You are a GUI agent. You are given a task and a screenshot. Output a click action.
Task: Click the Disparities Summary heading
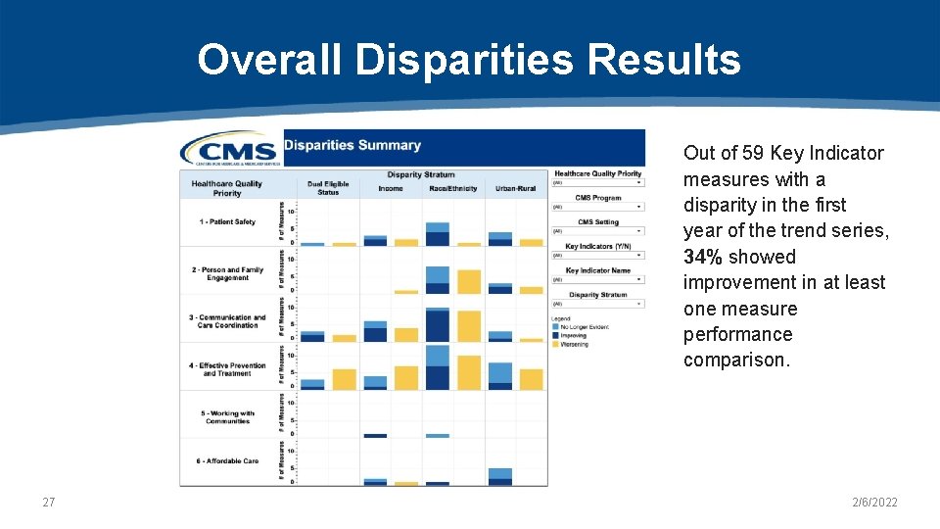click(352, 146)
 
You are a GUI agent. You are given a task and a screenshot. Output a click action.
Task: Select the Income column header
click(391, 188)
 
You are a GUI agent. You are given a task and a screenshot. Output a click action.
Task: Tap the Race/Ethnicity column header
click(453, 188)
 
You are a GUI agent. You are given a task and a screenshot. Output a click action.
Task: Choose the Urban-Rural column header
click(516, 188)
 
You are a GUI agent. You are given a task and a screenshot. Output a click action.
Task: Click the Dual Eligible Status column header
click(328, 188)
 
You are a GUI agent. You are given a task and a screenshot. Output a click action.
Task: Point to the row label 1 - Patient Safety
click(227, 222)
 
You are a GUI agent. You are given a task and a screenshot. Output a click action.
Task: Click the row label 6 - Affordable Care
click(227, 461)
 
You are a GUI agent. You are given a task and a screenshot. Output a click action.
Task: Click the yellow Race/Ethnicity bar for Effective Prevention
click(469, 372)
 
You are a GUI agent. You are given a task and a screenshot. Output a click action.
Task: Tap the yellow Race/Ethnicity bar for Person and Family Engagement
click(469, 282)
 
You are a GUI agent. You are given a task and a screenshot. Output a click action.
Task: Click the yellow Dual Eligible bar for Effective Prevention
click(344, 379)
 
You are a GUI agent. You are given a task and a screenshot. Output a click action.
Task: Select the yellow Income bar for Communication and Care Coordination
click(406, 335)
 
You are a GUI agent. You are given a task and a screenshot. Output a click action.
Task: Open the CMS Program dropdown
click(597, 207)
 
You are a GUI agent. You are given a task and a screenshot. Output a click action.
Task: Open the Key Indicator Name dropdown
click(597, 279)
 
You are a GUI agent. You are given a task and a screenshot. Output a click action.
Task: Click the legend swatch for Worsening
click(555, 344)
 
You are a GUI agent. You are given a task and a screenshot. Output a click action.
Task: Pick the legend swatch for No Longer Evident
click(555, 326)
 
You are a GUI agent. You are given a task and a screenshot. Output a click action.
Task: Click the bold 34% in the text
click(701, 257)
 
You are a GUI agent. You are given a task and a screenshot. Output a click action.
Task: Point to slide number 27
click(49, 503)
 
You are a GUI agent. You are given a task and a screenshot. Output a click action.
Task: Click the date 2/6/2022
click(873, 503)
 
